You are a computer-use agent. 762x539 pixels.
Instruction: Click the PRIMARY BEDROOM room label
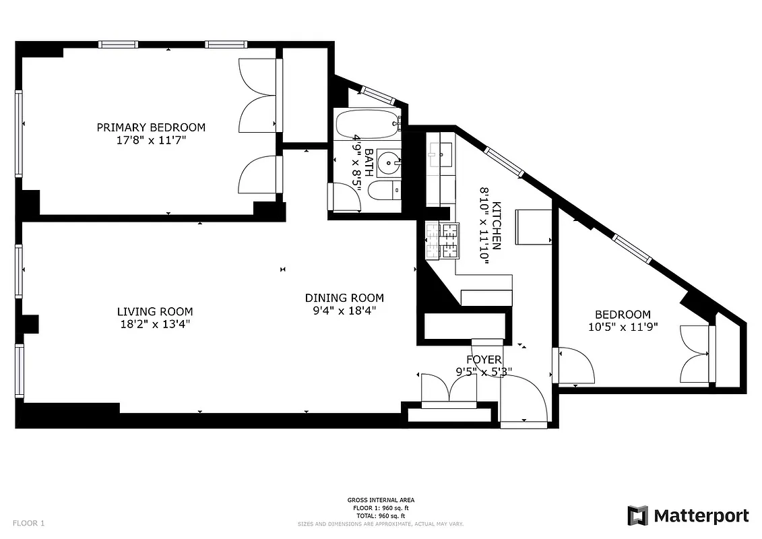pyautogui.click(x=151, y=127)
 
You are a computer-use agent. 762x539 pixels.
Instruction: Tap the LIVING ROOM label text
pyautogui.click(x=155, y=311)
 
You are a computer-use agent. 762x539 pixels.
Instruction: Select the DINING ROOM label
pyautogui.click(x=344, y=298)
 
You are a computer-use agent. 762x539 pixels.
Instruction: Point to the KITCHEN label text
pyautogui.click(x=497, y=226)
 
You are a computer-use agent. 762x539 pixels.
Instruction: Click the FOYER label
pyautogui.click(x=484, y=360)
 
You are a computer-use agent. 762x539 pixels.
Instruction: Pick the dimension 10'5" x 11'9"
pyautogui.click(x=623, y=327)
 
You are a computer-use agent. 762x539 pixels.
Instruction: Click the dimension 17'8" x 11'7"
pyautogui.click(x=151, y=140)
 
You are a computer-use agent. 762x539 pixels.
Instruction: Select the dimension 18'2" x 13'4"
pyautogui.click(x=155, y=324)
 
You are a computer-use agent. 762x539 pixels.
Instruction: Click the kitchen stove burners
pyautogui.click(x=441, y=241)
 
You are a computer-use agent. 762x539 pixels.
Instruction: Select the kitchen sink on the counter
pyautogui.click(x=440, y=156)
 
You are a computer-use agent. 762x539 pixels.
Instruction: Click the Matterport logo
pyautogui.click(x=688, y=516)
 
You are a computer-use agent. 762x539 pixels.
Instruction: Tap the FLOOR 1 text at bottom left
pyautogui.click(x=28, y=523)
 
